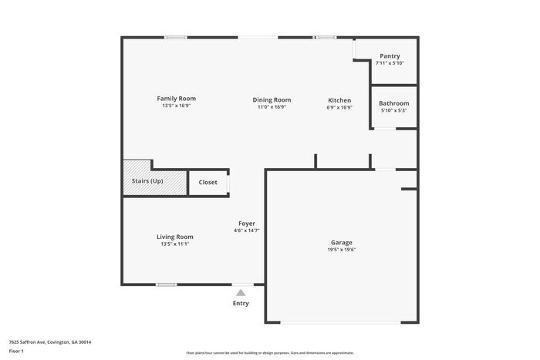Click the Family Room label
point(176,99)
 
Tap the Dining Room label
point(272,99)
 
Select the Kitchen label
point(339,100)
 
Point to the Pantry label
point(390,56)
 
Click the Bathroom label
point(393,103)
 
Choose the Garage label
point(342,242)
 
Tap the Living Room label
point(175,237)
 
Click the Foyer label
point(246,224)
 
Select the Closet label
point(208,183)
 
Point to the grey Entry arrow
point(241,292)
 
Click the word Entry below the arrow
point(241,303)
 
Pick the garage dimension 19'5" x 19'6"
point(342,250)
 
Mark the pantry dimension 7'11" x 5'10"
point(390,63)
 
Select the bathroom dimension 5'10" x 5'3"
point(393,111)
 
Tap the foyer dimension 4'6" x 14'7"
point(246,230)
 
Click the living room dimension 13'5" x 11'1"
point(175,244)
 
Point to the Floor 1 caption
point(16,351)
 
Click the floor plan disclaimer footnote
point(269,351)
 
